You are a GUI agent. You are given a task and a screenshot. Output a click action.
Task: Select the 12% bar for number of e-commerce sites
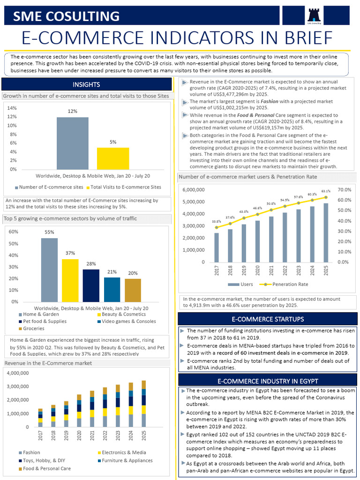[72, 143]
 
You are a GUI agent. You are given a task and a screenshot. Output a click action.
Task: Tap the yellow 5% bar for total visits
[112, 158]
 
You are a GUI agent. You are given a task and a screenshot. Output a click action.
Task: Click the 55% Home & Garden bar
[49, 270]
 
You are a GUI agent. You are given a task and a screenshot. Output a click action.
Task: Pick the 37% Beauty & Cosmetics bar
[70, 280]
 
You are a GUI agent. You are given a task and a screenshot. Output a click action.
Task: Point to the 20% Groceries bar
[133, 290]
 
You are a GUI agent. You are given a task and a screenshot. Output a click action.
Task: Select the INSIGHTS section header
[86, 85]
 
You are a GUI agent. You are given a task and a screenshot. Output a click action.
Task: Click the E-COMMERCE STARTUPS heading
[267, 319]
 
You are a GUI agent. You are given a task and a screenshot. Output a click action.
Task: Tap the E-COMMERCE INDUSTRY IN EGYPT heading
[267, 381]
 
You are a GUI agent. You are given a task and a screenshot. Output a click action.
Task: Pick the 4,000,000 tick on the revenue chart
[19, 373]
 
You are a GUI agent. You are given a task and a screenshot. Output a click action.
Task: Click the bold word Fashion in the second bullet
[270, 101]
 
